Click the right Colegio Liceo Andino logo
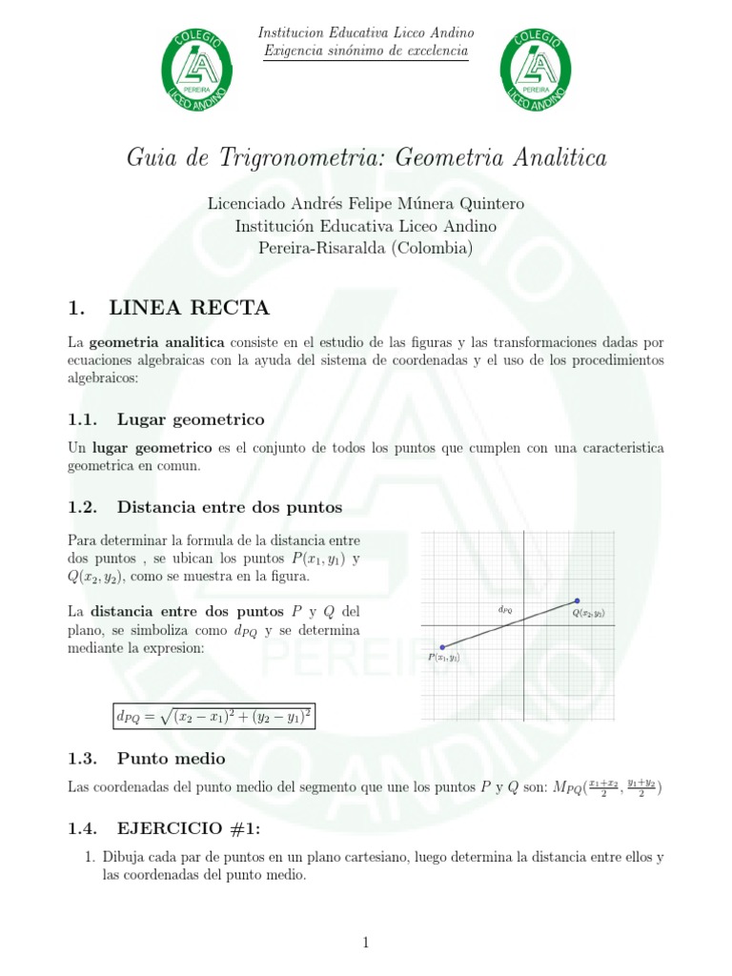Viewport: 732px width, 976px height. point(537,70)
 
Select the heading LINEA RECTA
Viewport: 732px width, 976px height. point(190,308)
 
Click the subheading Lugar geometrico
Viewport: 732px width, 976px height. point(191,419)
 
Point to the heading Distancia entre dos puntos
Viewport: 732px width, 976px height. point(229,506)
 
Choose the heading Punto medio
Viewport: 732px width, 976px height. point(171,759)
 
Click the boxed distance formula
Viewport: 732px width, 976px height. point(213,716)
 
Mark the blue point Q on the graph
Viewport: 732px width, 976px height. point(576,600)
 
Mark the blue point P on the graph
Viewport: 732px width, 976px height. point(442,647)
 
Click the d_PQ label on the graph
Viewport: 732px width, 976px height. point(505,608)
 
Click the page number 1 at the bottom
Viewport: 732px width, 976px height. point(366,943)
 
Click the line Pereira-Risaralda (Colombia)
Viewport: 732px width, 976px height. point(366,248)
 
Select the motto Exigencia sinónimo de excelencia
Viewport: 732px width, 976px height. point(366,51)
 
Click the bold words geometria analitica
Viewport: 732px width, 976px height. point(157,342)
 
